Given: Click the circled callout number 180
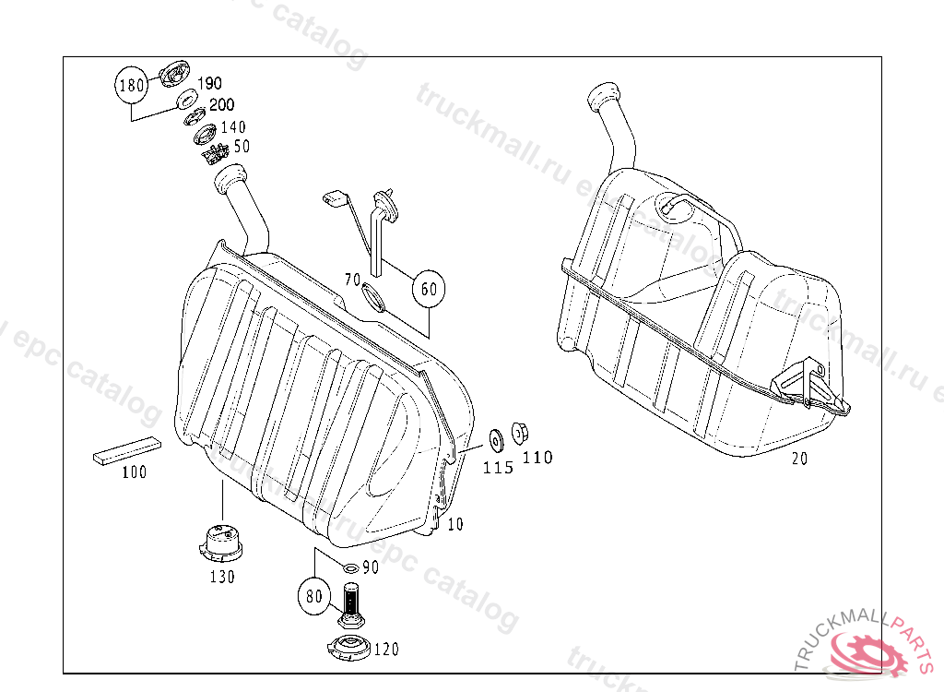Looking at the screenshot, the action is [x=131, y=87].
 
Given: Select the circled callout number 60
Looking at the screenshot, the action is [x=429, y=289].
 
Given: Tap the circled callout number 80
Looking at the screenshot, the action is [x=314, y=596].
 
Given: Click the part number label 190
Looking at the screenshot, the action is [x=209, y=84].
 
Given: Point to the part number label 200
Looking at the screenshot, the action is [x=221, y=105].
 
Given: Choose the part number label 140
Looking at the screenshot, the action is [x=232, y=126].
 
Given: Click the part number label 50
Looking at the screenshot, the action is [x=242, y=147].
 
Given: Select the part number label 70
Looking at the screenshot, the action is [x=351, y=279].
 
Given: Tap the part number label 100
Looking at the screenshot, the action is [x=135, y=472].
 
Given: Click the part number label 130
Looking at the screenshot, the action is [x=221, y=577].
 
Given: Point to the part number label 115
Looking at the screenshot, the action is [x=498, y=468].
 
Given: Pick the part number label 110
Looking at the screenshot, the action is [x=537, y=457].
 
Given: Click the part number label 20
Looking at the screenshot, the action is [x=799, y=459].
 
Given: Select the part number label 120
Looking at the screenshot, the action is [x=386, y=650].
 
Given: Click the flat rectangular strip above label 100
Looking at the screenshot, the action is [x=127, y=451].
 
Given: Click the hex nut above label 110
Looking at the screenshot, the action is [x=519, y=431].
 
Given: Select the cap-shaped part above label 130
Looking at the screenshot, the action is [x=221, y=543].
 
